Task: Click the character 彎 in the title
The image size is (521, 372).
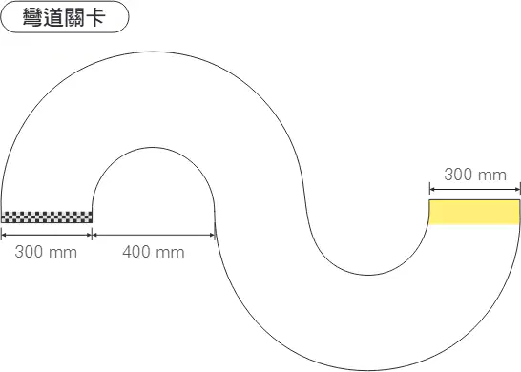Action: tap(32, 17)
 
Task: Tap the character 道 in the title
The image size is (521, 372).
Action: tap(53, 17)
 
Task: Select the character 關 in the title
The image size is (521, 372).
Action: tap(74, 17)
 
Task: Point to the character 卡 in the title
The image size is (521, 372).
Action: tap(95, 17)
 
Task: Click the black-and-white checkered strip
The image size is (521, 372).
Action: tap(47, 217)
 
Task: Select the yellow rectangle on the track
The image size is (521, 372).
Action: tap(474, 213)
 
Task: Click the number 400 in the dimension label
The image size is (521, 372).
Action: tap(135, 252)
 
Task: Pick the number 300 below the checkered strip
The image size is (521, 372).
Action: tap(28, 252)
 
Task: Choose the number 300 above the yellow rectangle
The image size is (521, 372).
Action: tap(456, 175)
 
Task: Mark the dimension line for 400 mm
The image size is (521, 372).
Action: tap(154, 235)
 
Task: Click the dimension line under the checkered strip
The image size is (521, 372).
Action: tap(47, 235)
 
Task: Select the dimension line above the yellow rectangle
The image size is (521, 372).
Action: tap(474, 190)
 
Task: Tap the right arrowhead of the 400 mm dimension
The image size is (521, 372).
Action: tap(213, 235)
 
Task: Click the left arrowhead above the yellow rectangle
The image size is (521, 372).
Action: tap(432, 190)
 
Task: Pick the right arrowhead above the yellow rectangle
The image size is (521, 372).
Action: tap(517, 190)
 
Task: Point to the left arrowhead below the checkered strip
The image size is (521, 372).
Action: tap(4, 235)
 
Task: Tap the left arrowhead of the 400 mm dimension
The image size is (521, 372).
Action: tap(94, 235)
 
